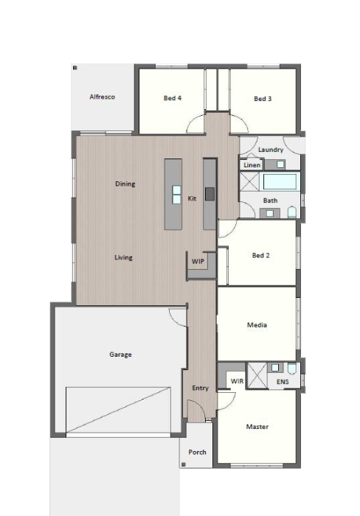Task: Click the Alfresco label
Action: click(x=102, y=97)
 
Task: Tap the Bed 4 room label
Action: click(x=173, y=98)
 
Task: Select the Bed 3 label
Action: click(x=263, y=99)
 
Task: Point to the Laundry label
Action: click(x=271, y=150)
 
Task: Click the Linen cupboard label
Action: click(x=252, y=165)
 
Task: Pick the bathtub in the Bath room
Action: click(x=280, y=181)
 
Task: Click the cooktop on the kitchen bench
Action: click(x=210, y=194)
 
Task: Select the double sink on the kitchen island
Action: click(x=176, y=195)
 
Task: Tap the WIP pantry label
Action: click(x=198, y=261)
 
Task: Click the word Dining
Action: click(x=125, y=184)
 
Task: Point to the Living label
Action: click(x=123, y=257)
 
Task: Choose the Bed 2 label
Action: click(x=260, y=255)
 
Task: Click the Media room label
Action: click(x=257, y=325)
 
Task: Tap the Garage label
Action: click(x=120, y=355)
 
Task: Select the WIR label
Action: click(x=237, y=381)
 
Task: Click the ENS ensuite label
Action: click(x=283, y=382)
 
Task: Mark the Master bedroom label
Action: click(x=257, y=427)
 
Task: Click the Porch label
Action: click(x=197, y=452)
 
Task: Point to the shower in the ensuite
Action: click(x=257, y=375)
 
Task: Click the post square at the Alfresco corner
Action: click(x=75, y=68)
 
